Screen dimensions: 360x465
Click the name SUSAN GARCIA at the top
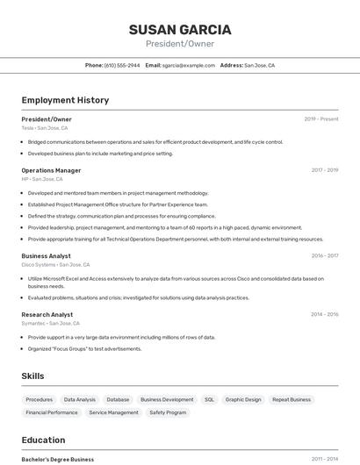180,30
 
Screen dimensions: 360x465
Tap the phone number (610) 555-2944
122,65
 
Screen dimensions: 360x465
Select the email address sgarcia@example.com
189,65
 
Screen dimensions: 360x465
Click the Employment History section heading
65,100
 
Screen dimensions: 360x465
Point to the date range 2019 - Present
321,119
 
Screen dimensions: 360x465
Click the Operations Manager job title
51,170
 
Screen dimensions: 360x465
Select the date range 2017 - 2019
325,170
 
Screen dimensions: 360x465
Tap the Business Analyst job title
47,256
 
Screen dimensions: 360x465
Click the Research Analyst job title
47,314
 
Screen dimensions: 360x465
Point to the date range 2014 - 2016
325,314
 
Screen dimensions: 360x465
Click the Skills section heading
33,376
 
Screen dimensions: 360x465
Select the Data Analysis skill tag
80,400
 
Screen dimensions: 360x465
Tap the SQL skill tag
209,400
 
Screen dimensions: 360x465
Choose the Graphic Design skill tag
243,400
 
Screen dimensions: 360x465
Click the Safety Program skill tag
168,412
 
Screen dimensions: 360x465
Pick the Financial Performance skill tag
52,412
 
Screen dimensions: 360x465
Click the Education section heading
43,440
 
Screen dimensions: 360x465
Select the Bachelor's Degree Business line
58,459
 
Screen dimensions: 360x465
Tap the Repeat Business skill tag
292,400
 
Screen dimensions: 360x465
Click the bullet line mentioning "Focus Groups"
84,348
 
